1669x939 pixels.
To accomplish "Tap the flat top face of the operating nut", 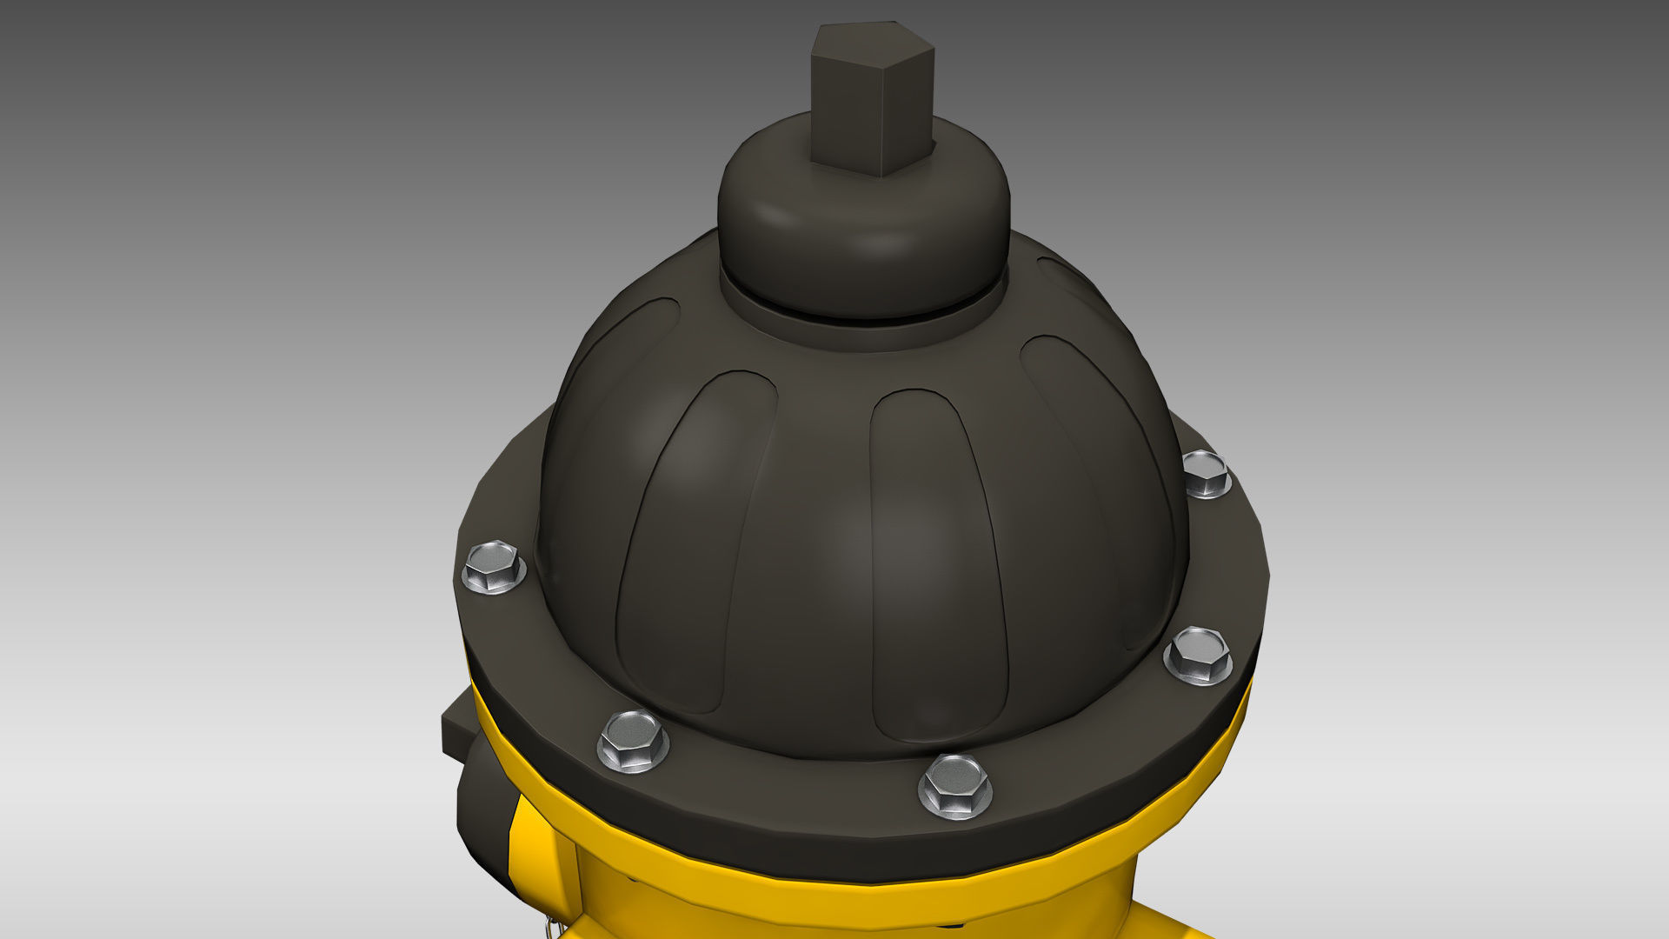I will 872,43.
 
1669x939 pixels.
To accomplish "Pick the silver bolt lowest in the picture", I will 954,786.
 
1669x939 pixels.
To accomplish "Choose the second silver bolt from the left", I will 634,741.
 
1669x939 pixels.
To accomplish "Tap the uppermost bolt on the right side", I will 1207,474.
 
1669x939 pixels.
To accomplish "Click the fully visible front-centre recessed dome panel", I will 934,565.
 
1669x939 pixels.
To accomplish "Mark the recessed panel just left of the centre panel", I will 695,539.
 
